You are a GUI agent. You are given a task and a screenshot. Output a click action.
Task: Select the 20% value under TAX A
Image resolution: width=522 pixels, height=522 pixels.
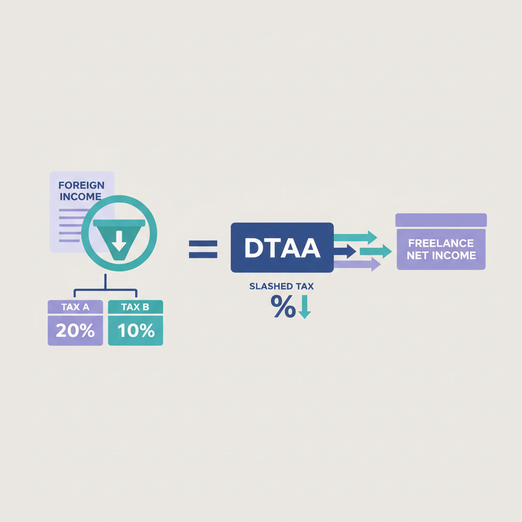pyautogui.click(x=75, y=330)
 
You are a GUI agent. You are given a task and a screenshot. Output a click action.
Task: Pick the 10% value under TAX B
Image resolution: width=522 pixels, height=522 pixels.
pyautogui.click(x=136, y=330)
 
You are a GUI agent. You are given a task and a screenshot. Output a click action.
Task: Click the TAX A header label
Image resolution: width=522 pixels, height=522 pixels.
pyautogui.click(x=75, y=307)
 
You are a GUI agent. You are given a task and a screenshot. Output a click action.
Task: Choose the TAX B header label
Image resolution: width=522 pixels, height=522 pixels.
pyautogui.click(x=136, y=307)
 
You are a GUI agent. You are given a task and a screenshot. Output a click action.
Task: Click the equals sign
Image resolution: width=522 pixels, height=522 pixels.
pyautogui.click(x=203, y=249)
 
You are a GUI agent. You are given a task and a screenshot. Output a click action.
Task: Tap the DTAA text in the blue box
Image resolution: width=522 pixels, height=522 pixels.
pyautogui.click(x=282, y=248)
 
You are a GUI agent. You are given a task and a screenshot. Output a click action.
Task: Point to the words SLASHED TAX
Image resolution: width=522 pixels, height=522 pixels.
pyautogui.click(x=281, y=286)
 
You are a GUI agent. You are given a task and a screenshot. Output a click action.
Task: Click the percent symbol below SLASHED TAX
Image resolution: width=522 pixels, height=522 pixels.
pyautogui.click(x=283, y=307)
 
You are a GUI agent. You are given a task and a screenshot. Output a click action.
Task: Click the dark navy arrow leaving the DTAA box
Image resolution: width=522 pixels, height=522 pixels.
pyautogui.click(x=345, y=250)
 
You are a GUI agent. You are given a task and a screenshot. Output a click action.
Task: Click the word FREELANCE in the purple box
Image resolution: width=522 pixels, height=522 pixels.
pyautogui.click(x=441, y=243)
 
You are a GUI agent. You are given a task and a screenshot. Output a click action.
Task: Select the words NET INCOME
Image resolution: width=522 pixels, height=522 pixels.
pyautogui.click(x=441, y=255)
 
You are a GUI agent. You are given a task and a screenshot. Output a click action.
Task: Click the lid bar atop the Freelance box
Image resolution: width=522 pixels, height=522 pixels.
pyautogui.click(x=441, y=220)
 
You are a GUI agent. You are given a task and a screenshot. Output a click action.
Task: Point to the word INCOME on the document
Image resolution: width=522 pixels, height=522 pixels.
pyautogui.click(x=81, y=197)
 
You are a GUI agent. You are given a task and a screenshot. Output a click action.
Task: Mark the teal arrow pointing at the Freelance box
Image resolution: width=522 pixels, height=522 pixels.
pyautogui.click(x=375, y=251)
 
